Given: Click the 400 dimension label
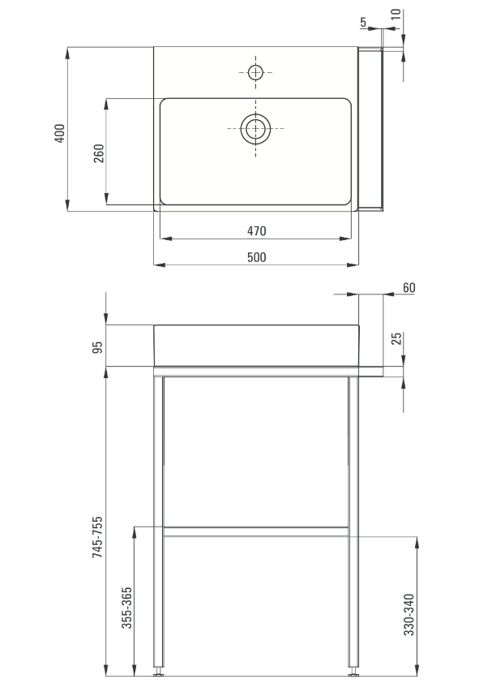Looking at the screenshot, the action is [59, 133].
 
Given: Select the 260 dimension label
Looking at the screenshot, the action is [99, 153].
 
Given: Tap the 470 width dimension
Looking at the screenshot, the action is [256, 231].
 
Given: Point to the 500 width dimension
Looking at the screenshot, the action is [256, 257].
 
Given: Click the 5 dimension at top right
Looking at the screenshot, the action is [363, 22].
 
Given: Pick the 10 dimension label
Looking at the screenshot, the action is [396, 14].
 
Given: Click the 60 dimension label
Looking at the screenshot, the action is [409, 288].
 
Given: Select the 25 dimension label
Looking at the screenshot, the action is [397, 339].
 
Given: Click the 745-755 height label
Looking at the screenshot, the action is [97, 537].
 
